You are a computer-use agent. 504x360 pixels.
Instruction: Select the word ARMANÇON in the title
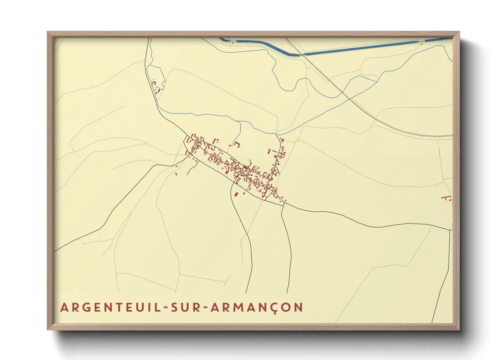pyautogui.click(x=257, y=307)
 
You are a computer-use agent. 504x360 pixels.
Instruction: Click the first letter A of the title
pyautogui.click(x=64, y=307)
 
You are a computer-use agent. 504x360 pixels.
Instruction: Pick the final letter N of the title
pyautogui.click(x=299, y=307)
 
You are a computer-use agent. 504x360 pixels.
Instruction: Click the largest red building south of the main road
pyautogui.click(x=236, y=195)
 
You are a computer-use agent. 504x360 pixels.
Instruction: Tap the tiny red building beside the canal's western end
pyautogui.click(x=233, y=43)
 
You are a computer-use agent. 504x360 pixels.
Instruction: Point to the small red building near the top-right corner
pyautogui.click(x=422, y=44)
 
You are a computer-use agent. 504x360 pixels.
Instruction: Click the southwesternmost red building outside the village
pyautogui.click(x=176, y=174)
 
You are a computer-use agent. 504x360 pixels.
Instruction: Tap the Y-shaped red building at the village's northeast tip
pyautogui.click(x=281, y=140)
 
